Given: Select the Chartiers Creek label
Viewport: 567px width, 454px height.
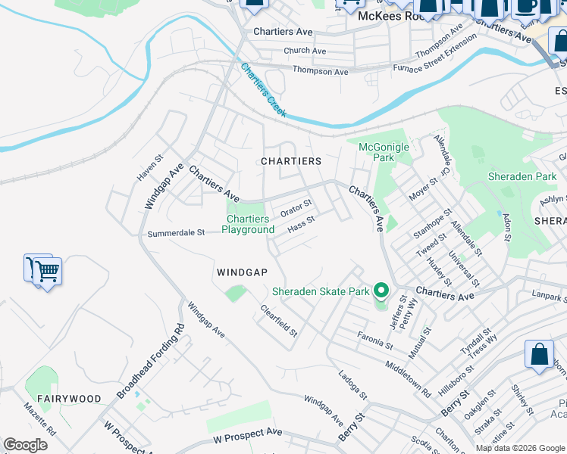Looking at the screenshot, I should coord(263,89).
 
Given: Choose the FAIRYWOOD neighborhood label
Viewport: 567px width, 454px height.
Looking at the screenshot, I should coord(69,398).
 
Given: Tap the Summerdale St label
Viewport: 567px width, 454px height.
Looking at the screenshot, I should coord(177,233).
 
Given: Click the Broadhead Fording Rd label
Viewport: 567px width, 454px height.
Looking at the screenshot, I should coord(152,363).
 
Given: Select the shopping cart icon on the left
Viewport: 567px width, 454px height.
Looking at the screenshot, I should coord(45,270).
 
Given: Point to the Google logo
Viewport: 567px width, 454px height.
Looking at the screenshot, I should coord(25,445).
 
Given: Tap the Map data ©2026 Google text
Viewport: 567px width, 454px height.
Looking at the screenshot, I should coord(520,448).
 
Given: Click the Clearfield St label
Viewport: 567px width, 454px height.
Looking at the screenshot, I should coord(279,321).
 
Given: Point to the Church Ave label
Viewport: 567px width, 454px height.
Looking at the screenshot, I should coord(305,51).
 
